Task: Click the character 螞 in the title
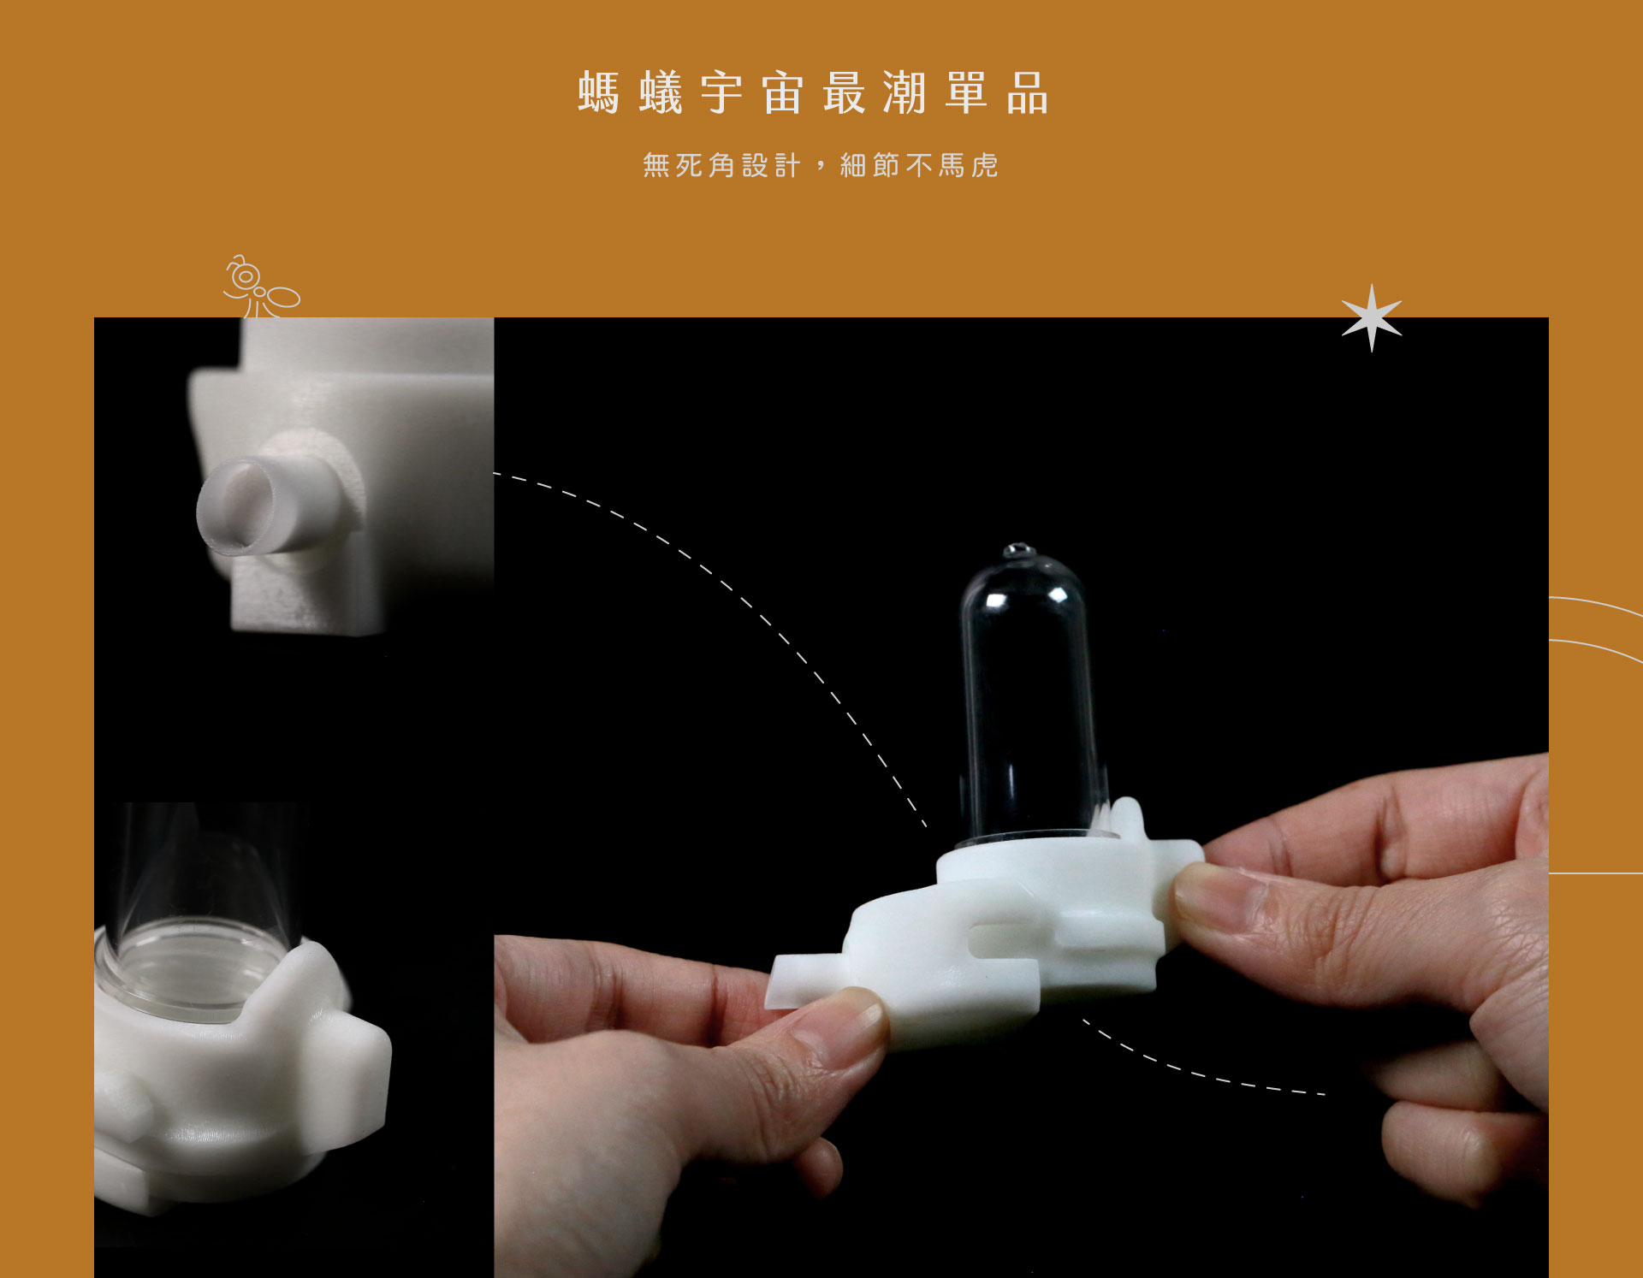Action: click(x=598, y=92)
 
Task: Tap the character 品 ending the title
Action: click(x=1027, y=92)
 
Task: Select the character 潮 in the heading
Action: click(x=905, y=92)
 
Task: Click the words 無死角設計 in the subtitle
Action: click(x=721, y=165)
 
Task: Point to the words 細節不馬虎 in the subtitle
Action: click(x=919, y=165)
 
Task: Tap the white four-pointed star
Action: click(x=1372, y=318)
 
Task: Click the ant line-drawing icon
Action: click(x=261, y=287)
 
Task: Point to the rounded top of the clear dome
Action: click(x=1023, y=573)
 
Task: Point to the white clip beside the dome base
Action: click(x=1125, y=821)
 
